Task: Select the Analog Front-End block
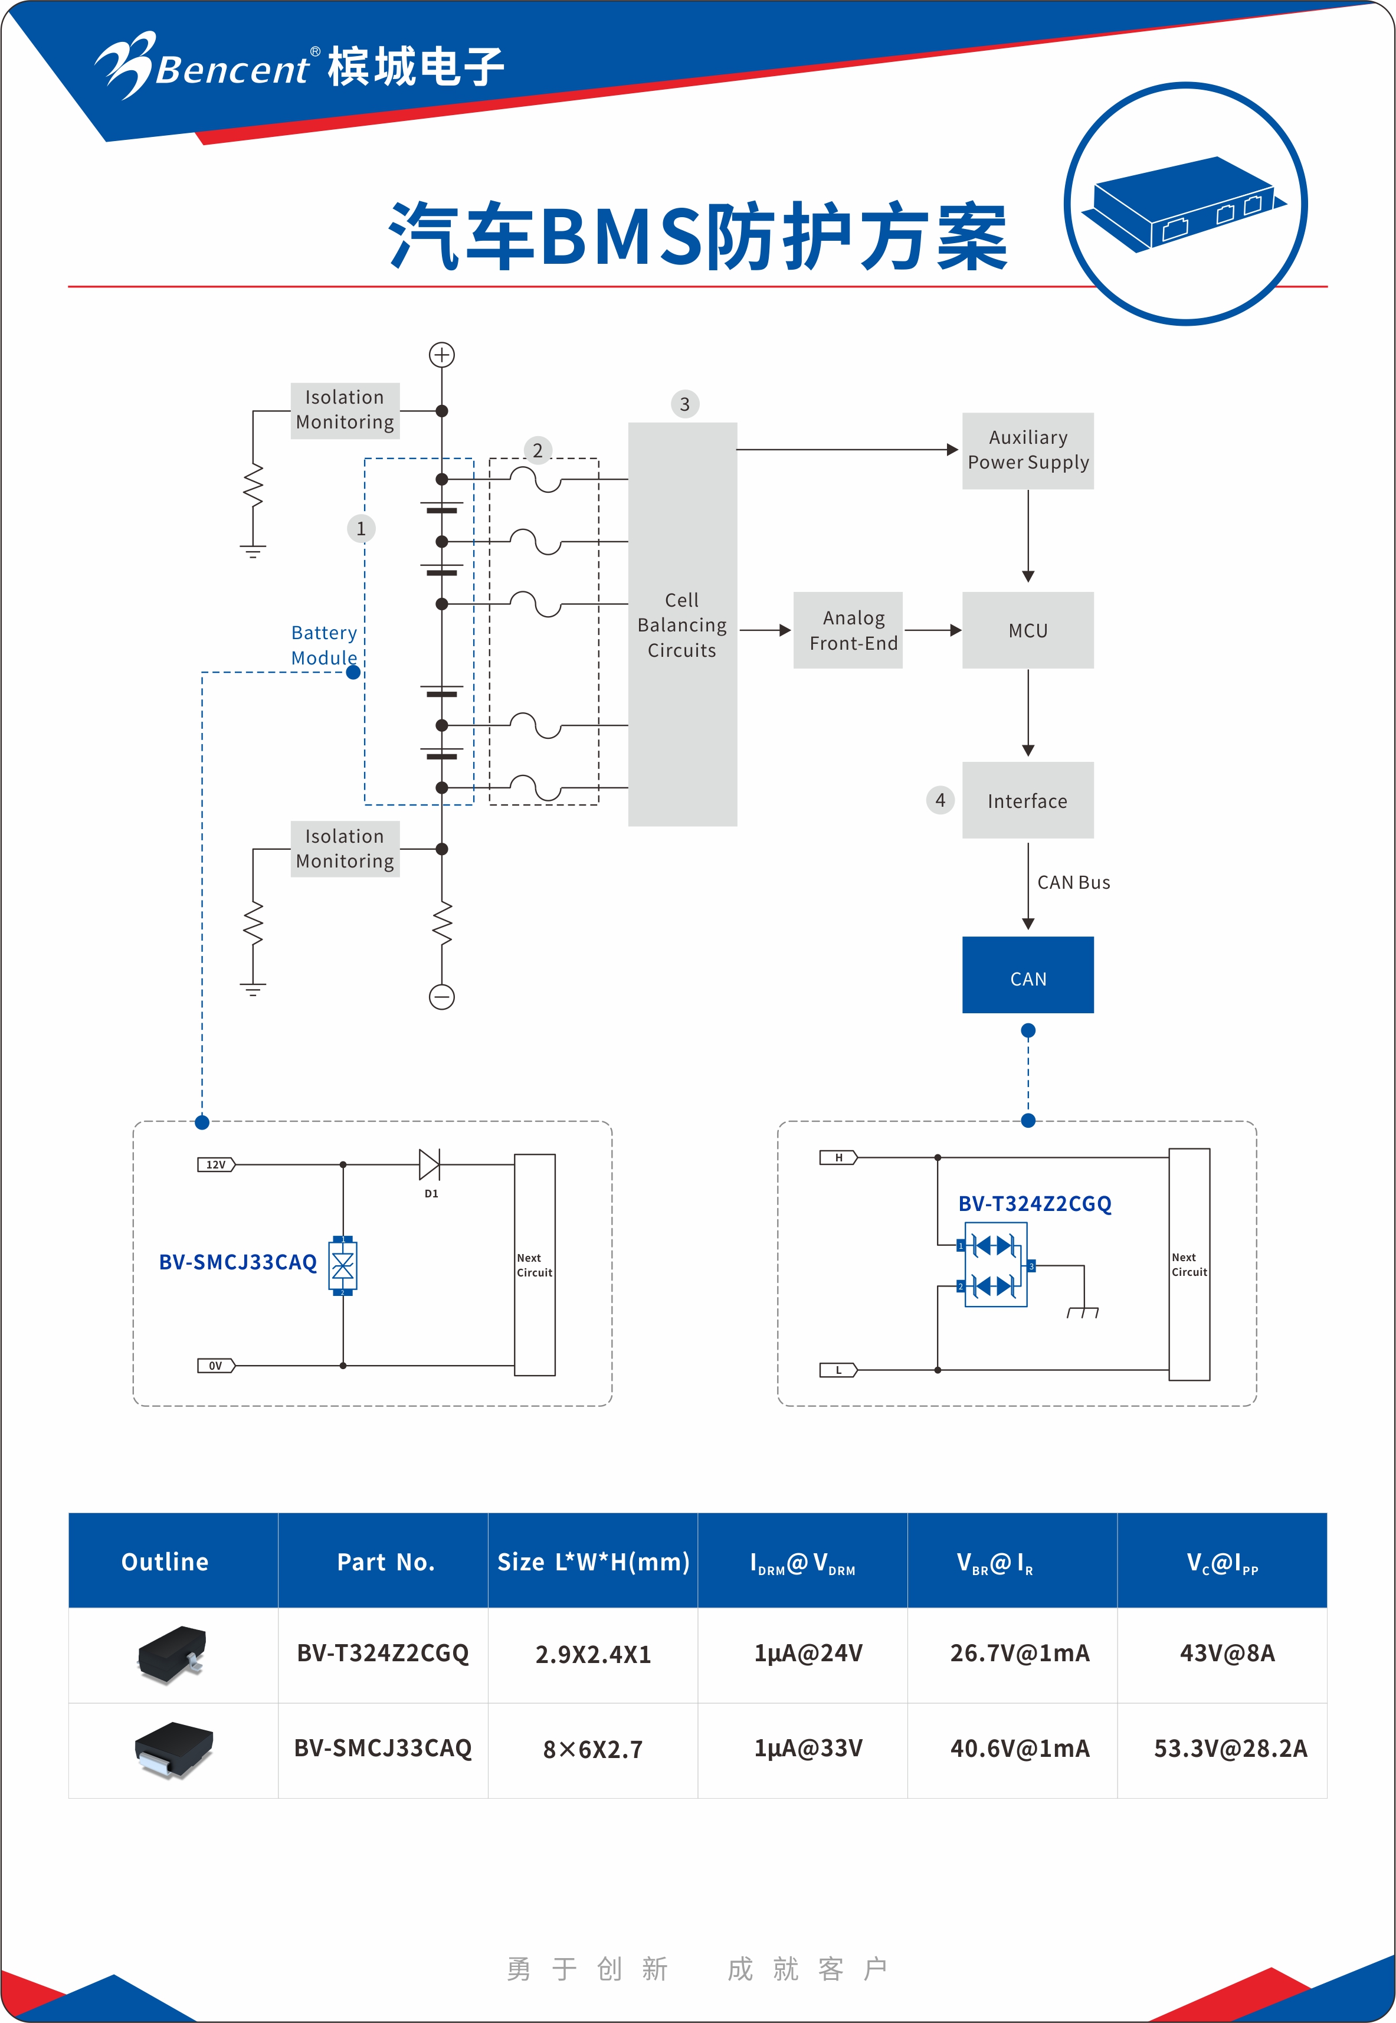pyautogui.click(x=847, y=631)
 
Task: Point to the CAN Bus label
pyautogui.click(x=1073, y=882)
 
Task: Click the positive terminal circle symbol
pyautogui.click(x=442, y=354)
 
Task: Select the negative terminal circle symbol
pyautogui.click(x=442, y=996)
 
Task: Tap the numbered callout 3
pyautogui.click(x=685, y=404)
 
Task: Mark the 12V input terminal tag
pyautogui.click(x=216, y=1164)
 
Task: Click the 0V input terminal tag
pyautogui.click(x=216, y=1365)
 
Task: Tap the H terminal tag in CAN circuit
pyautogui.click(x=838, y=1158)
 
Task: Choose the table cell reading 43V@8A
pyautogui.click(x=1227, y=1653)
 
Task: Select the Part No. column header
pyautogui.click(x=386, y=1562)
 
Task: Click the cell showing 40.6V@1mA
pyautogui.click(x=1020, y=1749)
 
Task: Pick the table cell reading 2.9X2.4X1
pyautogui.click(x=593, y=1654)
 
